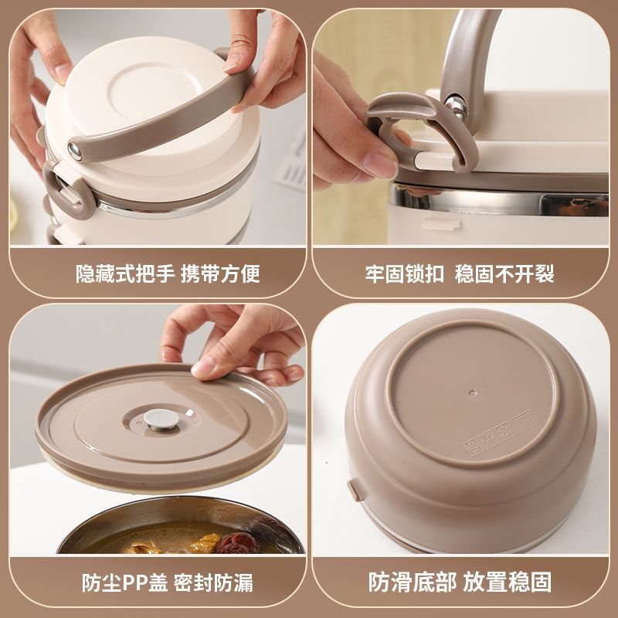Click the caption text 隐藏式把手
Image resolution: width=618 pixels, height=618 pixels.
(x=125, y=274)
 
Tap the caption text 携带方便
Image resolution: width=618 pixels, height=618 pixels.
(x=220, y=274)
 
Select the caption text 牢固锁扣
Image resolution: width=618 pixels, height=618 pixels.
(x=404, y=274)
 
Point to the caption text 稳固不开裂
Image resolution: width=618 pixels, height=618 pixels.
(x=504, y=274)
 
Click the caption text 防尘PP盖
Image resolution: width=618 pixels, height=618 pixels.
(x=124, y=582)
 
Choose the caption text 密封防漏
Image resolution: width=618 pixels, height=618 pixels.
(x=213, y=582)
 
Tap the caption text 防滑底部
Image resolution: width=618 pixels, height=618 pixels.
(x=413, y=582)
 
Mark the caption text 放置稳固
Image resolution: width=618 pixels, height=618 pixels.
(x=508, y=582)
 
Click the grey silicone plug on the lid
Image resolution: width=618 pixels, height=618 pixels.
(x=161, y=419)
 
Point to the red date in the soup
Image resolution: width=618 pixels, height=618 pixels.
(x=237, y=543)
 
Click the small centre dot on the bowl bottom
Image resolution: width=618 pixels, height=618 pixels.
(x=472, y=392)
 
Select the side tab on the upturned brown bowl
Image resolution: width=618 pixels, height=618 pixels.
(x=356, y=490)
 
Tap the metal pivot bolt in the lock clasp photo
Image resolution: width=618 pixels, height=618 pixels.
(x=456, y=106)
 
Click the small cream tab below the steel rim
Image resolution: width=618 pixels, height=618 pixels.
(x=441, y=224)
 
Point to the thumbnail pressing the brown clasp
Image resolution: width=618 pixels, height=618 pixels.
(x=380, y=165)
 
